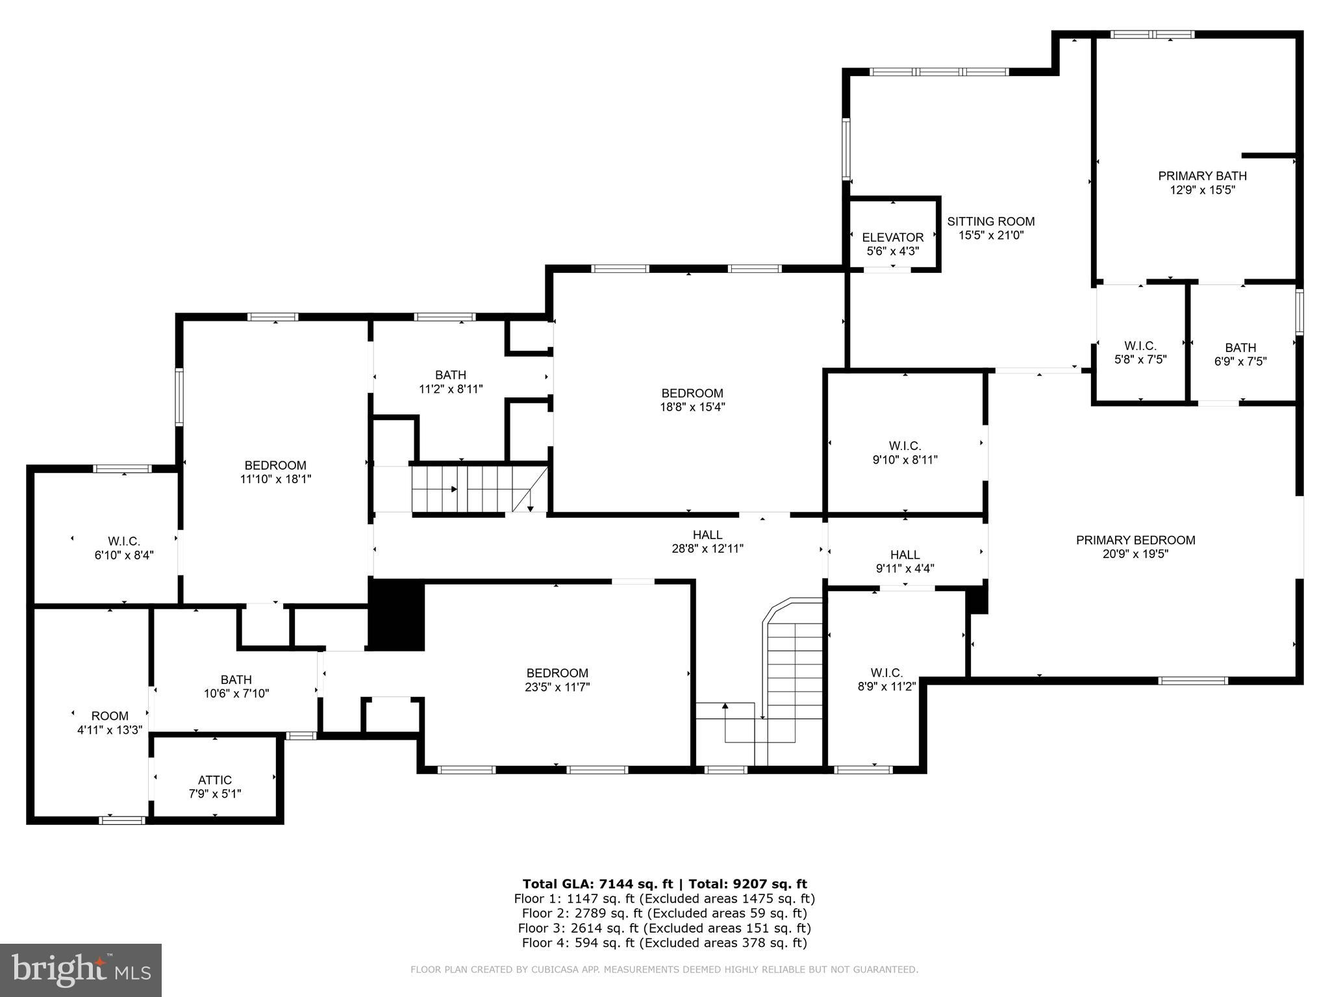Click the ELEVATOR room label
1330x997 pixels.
(x=892, y=237)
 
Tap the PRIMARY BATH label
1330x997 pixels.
(x=1202, y=175)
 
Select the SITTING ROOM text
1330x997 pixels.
(x=990, y=221)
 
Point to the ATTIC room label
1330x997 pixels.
(x=214, y=779)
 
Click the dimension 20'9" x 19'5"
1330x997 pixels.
(x=1135, y=554)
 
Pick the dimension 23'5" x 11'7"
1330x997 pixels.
(x=557, y=687)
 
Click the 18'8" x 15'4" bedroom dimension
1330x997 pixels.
(x=692, y=407)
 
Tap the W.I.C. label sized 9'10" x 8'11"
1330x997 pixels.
(x=905, y=446)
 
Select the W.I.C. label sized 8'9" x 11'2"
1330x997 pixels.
(x=886, y=673)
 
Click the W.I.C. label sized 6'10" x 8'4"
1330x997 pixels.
(x=124, y=541)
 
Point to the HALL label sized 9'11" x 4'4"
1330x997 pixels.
(x=905, y=555)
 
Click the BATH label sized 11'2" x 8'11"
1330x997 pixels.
(x=451, y=375)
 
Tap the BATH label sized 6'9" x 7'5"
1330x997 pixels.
(x=1240, y=347)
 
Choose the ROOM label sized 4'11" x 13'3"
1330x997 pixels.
(x=110, y=716)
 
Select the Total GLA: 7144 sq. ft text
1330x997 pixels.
(x=599, y=883)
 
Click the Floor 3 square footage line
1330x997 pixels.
(x=664, y=928)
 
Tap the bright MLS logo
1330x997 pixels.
(x=81, y=970)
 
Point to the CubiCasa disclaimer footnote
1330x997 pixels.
(x=664, y=970)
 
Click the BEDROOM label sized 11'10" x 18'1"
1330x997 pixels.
(x=275, y=465)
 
